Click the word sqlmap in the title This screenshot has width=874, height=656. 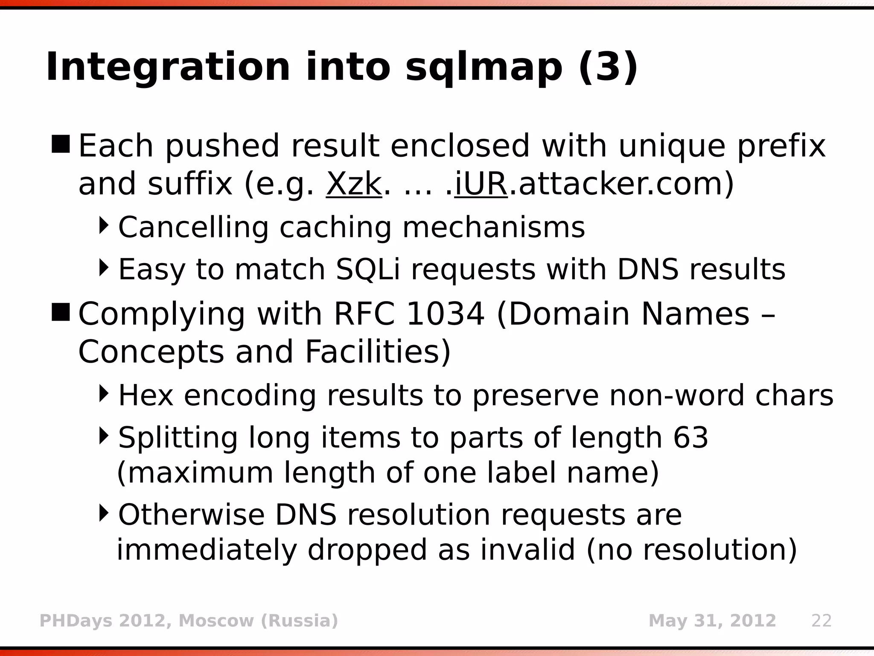tap(484, 67)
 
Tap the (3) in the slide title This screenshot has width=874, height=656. tap(608, 67)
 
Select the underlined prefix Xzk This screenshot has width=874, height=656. tap(354, 184)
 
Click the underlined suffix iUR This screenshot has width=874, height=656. tap(481, 184)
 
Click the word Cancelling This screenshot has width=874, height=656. tap(193, 227)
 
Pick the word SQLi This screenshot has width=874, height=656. tap(368, 269)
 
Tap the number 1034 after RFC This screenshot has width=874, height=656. tap(445, 314)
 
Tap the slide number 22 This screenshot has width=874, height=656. tap(822, 621)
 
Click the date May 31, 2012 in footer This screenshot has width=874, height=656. tap(712, 621)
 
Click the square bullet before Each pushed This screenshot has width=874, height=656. tap(61, 144)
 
